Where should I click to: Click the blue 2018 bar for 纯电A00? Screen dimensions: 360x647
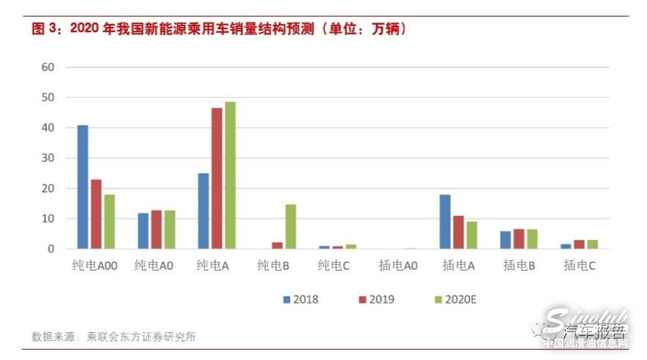83,187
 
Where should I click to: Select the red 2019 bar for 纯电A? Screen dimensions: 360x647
217,179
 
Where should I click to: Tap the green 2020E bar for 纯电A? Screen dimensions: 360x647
231,176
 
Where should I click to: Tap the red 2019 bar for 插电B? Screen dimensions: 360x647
519,239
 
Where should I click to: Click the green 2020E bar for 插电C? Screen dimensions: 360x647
592,244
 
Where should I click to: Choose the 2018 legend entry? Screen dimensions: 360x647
301,299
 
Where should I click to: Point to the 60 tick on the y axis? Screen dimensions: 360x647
48,67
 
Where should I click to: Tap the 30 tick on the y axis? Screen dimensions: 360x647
48,158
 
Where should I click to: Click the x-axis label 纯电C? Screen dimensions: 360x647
334,267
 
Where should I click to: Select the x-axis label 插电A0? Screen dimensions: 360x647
397,267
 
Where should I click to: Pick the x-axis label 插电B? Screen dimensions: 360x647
519,267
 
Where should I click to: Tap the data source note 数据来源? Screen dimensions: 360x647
113,337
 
